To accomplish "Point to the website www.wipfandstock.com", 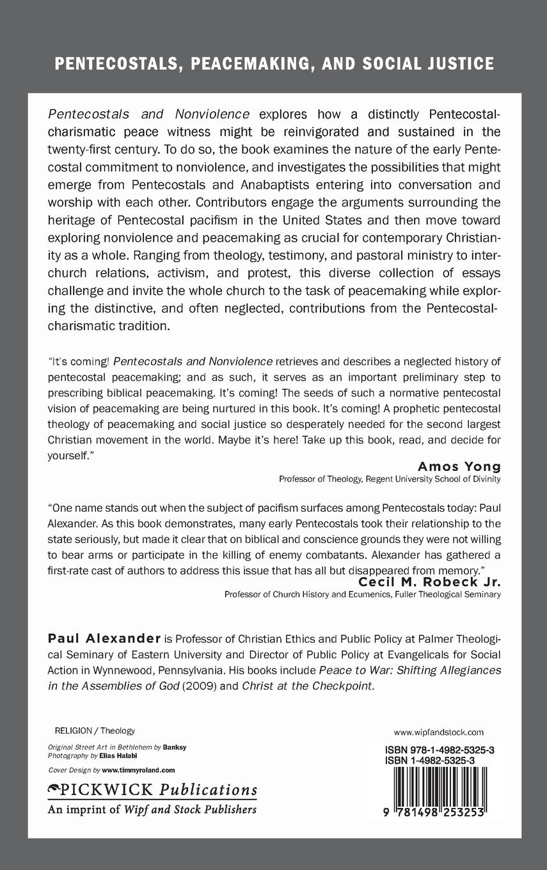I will [x=438, y=732].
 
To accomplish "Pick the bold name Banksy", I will [x=175, y=747].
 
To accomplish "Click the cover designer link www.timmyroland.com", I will [x=138, y=770].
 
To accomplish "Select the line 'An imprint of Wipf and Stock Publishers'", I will [x=152, y=809].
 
